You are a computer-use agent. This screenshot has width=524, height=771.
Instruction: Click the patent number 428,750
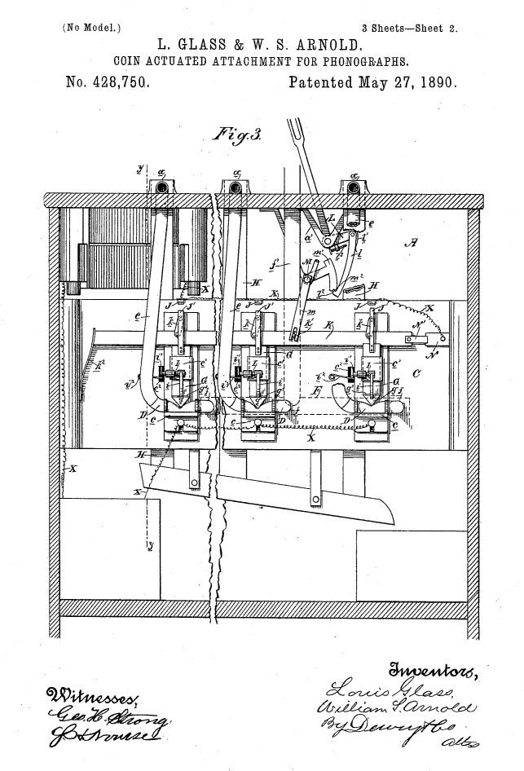click(x=106, y=82)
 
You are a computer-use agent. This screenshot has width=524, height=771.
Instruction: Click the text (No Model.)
click(x=92, y=27)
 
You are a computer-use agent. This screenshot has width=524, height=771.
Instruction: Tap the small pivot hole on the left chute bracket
click(x=194, y=482)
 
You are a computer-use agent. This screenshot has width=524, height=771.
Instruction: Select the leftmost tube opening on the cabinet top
click(x=162, y=188)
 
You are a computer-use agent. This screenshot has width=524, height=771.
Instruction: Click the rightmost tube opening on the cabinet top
click(x=354, y=188)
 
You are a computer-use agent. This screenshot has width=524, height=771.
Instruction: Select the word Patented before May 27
click(x=320, y=82)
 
